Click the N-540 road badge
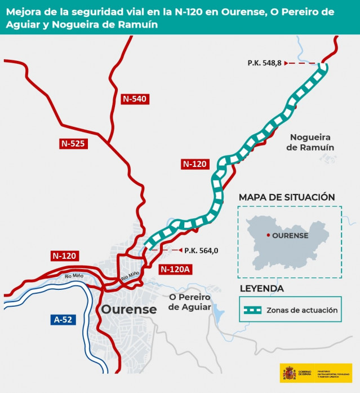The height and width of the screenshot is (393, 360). (134, 99)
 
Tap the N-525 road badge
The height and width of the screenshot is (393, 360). (72, 143)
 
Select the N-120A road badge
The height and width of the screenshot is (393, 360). (175, 269)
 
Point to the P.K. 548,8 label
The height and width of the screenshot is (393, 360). (264, 63)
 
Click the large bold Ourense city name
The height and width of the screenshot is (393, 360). (129, 310)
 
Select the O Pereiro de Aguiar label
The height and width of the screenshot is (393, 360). (189, 302)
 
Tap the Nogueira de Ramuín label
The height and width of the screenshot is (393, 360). (310, 142)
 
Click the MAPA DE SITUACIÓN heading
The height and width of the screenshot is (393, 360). (287, 197)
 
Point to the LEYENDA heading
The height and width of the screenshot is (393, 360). (261, 289)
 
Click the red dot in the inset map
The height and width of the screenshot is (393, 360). (268, 235)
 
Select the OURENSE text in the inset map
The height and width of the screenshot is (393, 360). (290, 236)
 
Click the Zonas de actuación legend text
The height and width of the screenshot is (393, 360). (301, 310)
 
